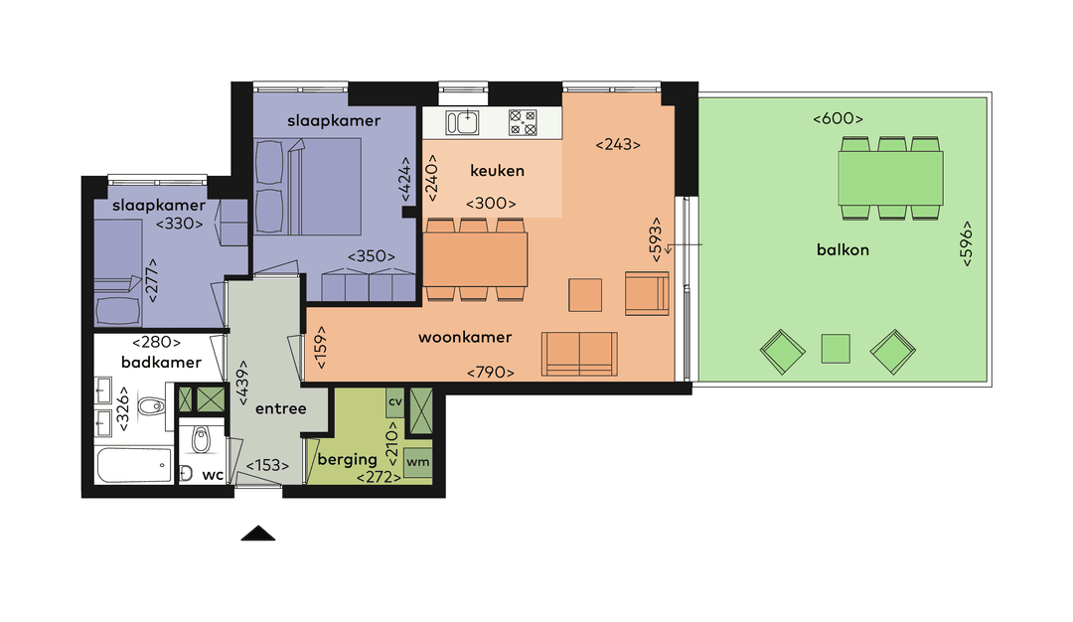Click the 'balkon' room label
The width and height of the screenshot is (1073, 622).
point(842,249)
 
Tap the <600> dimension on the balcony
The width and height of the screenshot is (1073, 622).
point(837,119)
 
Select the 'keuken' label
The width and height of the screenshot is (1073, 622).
point(497,171)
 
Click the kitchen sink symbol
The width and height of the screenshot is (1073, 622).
point(462,122)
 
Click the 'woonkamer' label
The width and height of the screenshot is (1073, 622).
point(465,338)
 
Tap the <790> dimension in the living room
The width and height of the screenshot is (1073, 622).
point(491,374)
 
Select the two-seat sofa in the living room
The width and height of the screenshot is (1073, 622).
point(578,355)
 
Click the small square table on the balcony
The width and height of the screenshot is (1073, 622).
point(836,349)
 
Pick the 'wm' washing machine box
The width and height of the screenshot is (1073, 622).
point(418,462)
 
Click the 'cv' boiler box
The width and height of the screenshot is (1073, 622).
point(394,402)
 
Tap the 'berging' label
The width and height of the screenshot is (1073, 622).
point(347,459)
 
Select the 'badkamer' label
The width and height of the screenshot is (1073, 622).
point(161,363)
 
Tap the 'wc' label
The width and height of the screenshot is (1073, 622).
point(213,475)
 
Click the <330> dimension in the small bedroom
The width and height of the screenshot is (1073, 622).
point(180,224)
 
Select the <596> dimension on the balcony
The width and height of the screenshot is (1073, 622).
point(967,241)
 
